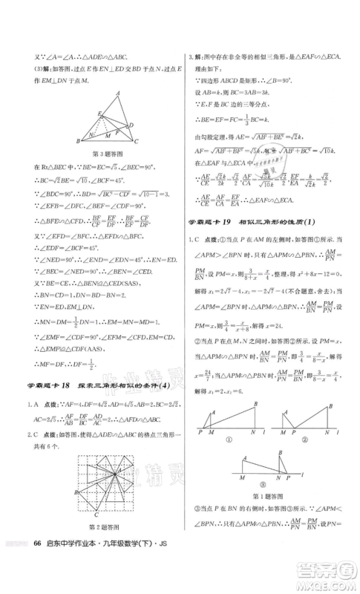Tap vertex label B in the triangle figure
[78, 141]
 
